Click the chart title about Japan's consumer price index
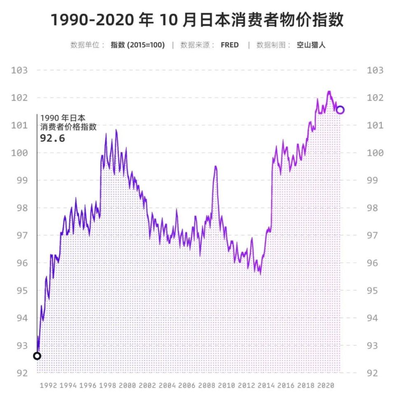coord(197,20)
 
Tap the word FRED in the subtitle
coord(230,45)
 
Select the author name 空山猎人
coord(311,45)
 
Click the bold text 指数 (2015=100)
coord(137,45)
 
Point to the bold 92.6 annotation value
coord(52,138)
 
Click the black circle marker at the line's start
coord(37,356)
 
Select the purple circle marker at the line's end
coord(340,110)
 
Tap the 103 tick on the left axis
coord(19,70)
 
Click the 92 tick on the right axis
coord(375,373)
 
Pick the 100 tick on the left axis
coord(19,153)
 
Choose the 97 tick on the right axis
coord(375,236)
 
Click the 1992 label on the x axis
coord(49,386)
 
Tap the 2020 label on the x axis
coord(325,386)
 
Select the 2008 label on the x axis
coord(207,386)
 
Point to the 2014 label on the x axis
coord(266,386)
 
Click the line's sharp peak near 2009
coord(215,166)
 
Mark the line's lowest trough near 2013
coord(260,274)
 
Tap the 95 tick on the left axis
coord(19,291)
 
